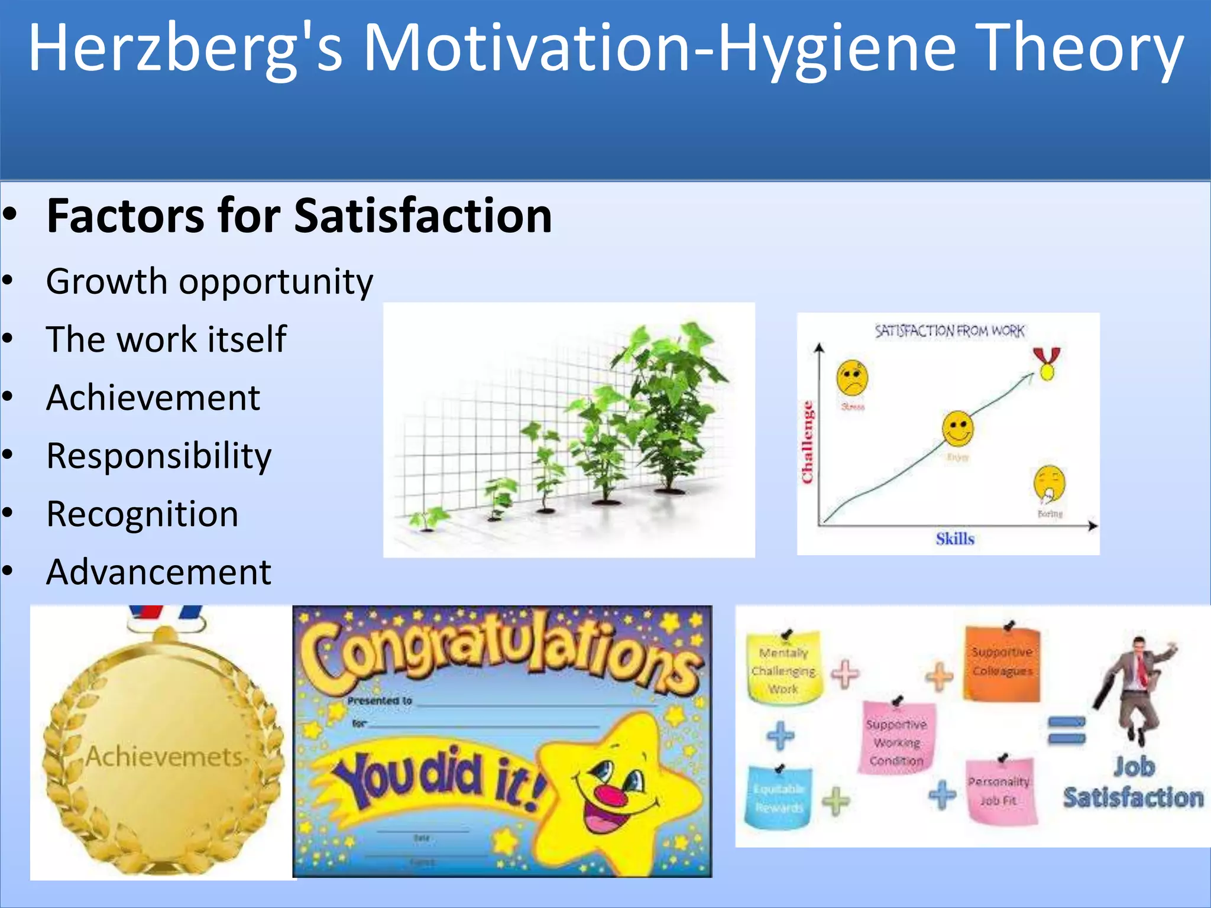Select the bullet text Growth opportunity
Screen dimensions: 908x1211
209,281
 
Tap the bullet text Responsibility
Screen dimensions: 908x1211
158,456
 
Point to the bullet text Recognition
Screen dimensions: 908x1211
143,514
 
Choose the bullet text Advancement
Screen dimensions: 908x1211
158,572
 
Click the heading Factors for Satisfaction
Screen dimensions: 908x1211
299,216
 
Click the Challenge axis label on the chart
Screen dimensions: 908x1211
807,442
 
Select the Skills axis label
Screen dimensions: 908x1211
954,539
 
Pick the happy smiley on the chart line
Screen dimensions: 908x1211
957,428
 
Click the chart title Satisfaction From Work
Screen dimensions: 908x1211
949,331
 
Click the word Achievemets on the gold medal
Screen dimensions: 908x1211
164,757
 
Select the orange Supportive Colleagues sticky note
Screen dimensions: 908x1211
1002,663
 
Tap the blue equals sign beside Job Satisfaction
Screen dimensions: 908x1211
1066,729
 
